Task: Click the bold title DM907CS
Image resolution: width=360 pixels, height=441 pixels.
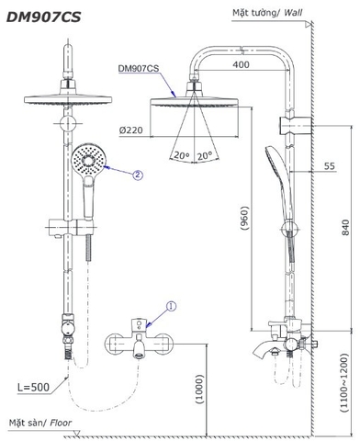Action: tap(45, 16)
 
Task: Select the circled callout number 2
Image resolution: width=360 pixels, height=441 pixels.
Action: tap(138, 173)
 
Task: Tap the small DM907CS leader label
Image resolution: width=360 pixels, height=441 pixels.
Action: tap(138, 67)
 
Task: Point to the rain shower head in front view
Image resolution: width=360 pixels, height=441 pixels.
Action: tap(68, 99)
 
